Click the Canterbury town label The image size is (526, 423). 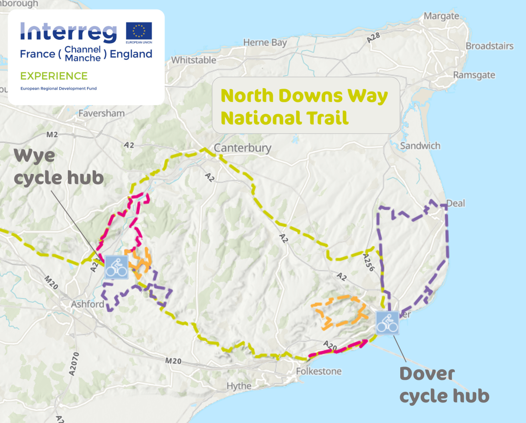(242, 148)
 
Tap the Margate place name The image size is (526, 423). (441, 16)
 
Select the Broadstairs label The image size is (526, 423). (489, 46)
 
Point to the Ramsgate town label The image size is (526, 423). (474, 75)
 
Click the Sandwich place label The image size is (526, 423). (420, 146)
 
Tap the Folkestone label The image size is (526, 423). (319, 371)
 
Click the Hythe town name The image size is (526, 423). (239, 386)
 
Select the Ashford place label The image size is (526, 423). (88, 304)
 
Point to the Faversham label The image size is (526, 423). (101, 114)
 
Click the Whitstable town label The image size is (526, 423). (194, 60)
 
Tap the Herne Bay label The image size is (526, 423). (265, 43)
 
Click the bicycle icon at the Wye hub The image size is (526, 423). (116, 267)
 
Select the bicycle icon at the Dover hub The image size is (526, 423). (386, 322)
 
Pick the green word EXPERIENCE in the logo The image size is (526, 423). (54, 76)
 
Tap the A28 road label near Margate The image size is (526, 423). (374, 39)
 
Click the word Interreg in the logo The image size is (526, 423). (68, 33)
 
